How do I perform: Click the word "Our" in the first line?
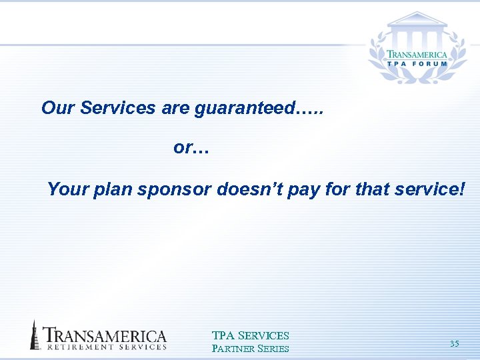click(57, 108)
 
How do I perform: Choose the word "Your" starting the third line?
click(68, 190)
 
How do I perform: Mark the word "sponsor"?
click(174, 190)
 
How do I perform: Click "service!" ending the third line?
click(429, 190)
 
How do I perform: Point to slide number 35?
click(454, 344)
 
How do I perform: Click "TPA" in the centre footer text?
click(223, 336)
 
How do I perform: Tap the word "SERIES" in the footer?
click(273, 349)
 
